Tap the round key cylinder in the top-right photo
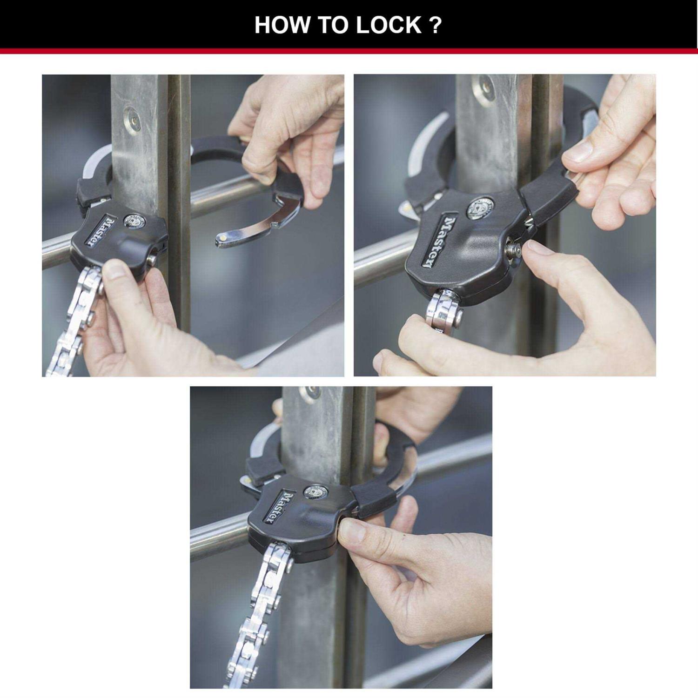(x=479, y=208)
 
